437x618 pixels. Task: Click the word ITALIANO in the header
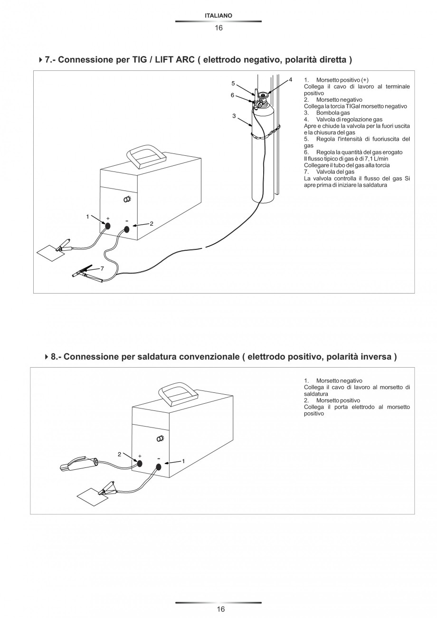[x=218, y=16]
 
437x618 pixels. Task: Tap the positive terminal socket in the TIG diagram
[x=108, y=226]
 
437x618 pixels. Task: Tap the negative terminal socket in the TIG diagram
[x=127, y=229]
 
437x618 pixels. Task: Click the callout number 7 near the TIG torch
[x=101, y=269]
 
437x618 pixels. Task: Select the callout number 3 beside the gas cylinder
[x=234, y=116]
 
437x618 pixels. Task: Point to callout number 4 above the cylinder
[x=290, y=79]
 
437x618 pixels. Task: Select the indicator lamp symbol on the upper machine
[x=127, y=200]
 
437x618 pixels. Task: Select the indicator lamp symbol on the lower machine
[x=160, y=438]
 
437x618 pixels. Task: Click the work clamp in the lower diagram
[x=107, y=487]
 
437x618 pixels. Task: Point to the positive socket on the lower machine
[x=140, y=464]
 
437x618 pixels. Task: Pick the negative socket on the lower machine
[x=158, y=467]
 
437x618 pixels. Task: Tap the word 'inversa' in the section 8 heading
[x=373, y=357]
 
